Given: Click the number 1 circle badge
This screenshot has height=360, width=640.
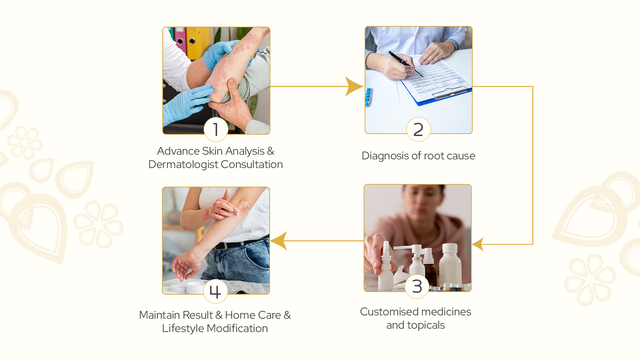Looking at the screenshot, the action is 216,129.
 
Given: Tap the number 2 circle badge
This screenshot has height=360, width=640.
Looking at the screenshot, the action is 418,129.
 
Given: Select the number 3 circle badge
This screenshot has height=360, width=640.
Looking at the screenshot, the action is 417,287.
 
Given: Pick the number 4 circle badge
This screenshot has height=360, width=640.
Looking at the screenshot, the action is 215,291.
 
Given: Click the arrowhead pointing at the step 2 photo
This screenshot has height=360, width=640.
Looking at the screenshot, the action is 354,87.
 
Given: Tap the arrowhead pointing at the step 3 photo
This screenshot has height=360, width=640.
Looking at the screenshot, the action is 478,244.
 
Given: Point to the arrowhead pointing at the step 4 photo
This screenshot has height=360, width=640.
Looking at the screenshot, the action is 279,241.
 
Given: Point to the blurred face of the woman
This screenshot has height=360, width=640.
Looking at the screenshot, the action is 421,202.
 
